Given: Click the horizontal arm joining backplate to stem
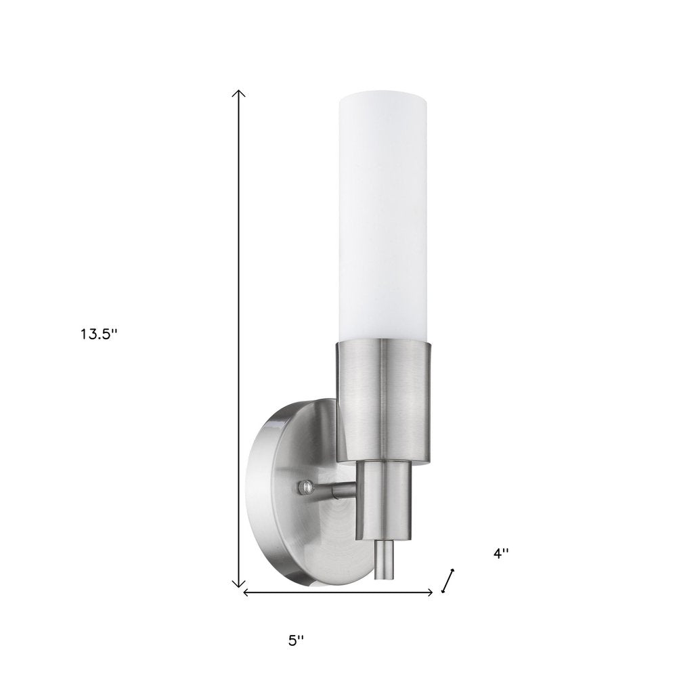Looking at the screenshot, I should pos(338,487).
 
